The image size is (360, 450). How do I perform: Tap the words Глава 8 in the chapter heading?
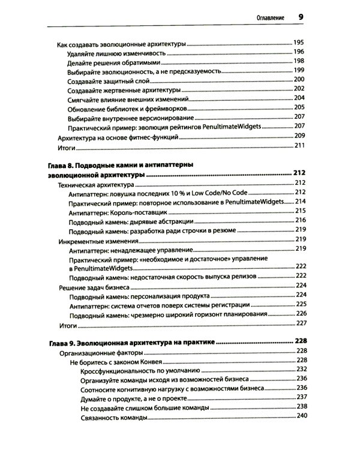(61, 164)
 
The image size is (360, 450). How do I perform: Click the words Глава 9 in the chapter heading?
(61, 341)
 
